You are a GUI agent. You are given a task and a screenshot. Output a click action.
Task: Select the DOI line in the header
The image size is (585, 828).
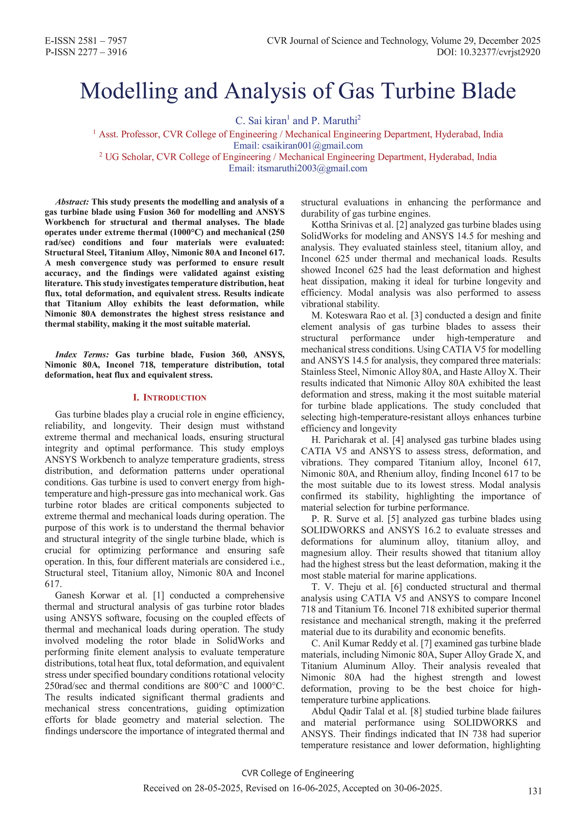[488, 52]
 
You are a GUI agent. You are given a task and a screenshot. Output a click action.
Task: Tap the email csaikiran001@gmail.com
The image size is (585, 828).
[312, 146]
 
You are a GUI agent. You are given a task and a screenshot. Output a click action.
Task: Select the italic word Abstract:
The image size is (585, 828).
[72, 202]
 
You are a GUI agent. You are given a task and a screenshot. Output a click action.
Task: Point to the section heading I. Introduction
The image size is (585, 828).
[169, 398]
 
